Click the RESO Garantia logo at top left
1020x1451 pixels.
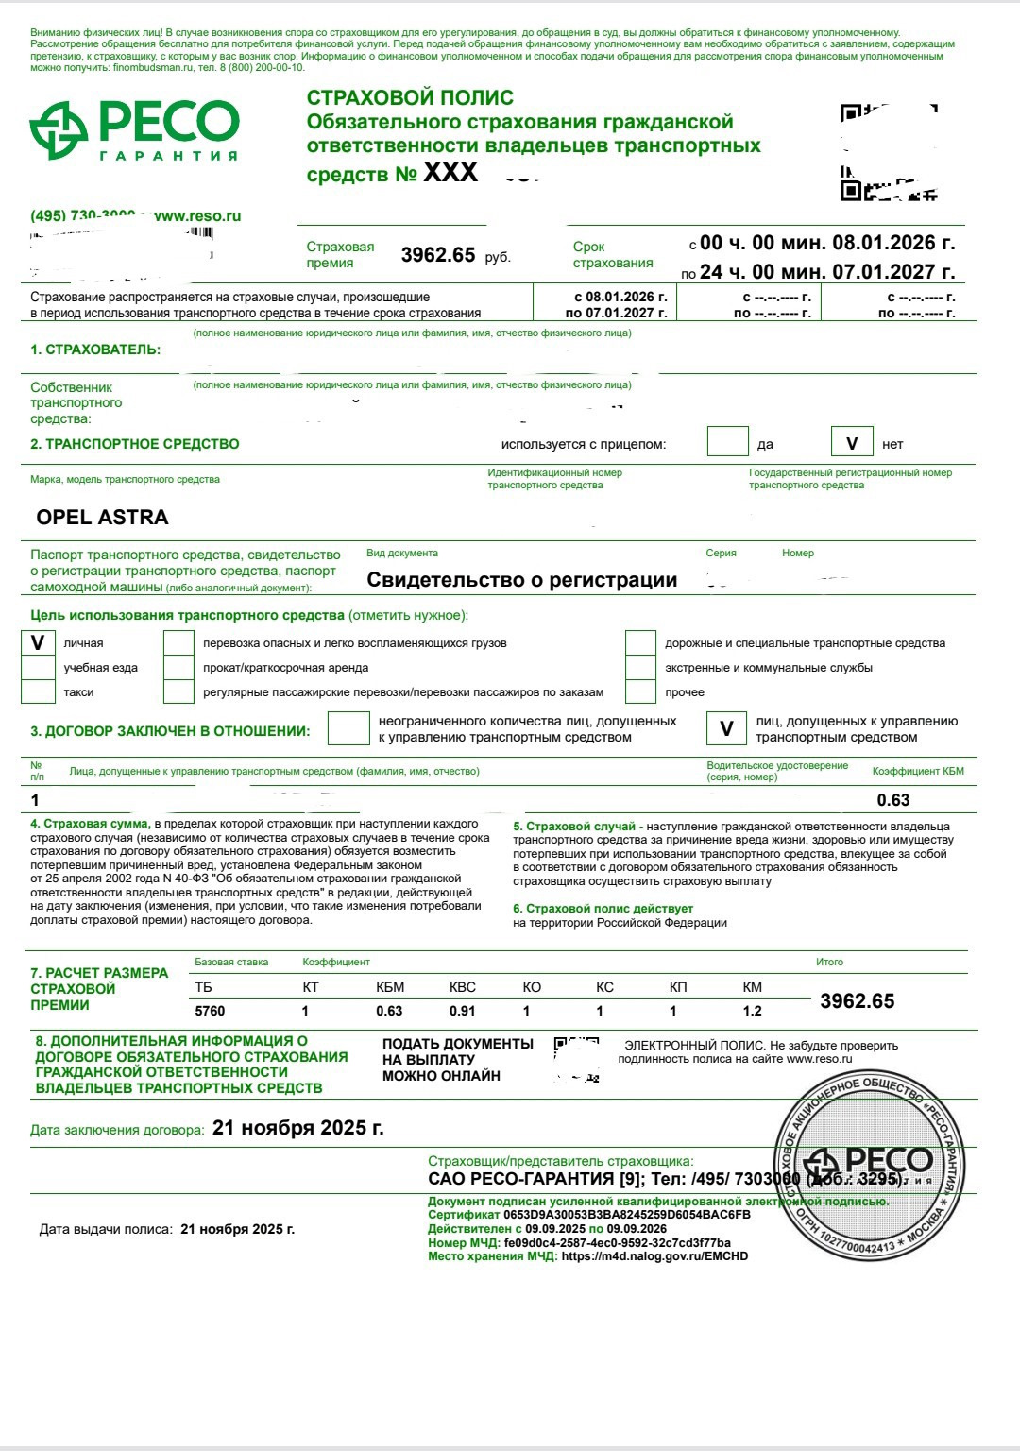pos(134,130)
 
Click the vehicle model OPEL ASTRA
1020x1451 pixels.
pos(102,518)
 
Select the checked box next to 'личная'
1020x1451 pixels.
pos(38,643)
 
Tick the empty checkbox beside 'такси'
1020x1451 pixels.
pos(38,692)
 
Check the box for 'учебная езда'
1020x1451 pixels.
pos(38,668)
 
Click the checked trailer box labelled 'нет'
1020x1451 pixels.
pos(852,443)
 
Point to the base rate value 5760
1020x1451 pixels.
pos(210,1011)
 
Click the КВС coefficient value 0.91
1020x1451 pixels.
pos(463,1011)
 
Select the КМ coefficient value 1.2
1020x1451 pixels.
pos(752,1011)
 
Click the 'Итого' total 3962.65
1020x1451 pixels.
pos(857,1001)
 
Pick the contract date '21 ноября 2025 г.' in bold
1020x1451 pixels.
pos(298,1128)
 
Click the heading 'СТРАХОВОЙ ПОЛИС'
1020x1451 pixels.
pos(410,97)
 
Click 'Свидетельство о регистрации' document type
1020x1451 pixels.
pos(521,580)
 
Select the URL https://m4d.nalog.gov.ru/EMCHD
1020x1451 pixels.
pos(654,1256)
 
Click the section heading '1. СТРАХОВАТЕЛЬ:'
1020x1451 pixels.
pos(95,350)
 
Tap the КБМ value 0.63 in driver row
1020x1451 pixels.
pos(892,800)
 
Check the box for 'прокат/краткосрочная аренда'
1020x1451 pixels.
pos(178,668)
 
